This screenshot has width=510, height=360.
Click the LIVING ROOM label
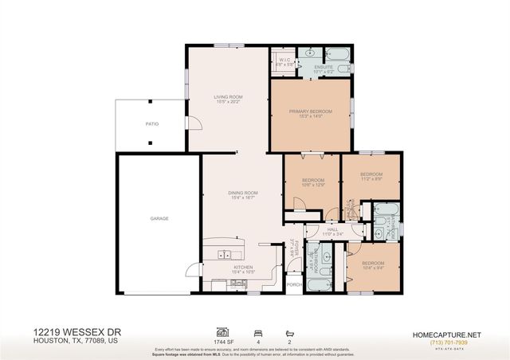(x=227, y=98)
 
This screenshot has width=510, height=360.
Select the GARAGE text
(x=159, y=217)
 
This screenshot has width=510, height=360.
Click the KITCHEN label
(x=242, y=267)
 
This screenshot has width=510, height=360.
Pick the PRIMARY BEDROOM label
(x=310, y=112)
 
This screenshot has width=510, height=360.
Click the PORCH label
(x=292, y=284)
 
